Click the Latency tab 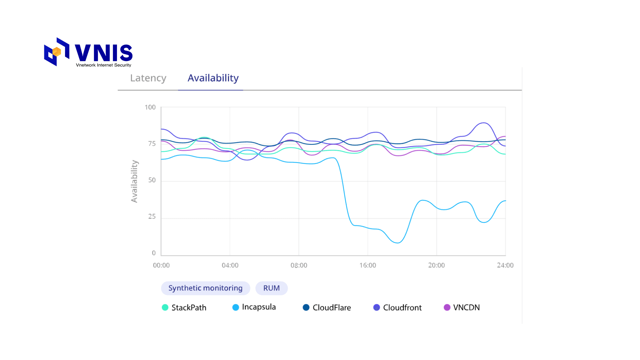point(148,78)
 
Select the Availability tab point(213,78)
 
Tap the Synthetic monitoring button point(205,288)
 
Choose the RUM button point(271,288)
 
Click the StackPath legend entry point(184,307)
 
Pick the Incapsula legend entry point(254,307)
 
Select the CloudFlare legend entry point(327,307)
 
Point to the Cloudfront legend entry point(397,307)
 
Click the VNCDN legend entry point(462,307)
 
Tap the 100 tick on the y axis point(150,107)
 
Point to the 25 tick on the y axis point(152,217)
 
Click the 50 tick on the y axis point(152,180)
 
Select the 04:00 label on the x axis point(230,265)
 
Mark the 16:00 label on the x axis point(368,265)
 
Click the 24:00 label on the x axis point(505,265)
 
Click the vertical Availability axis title point(134,181)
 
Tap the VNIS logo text point(104,53)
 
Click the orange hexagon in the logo point(57,52)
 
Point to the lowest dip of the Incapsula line point(397,243)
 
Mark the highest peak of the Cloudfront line point(483,123)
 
